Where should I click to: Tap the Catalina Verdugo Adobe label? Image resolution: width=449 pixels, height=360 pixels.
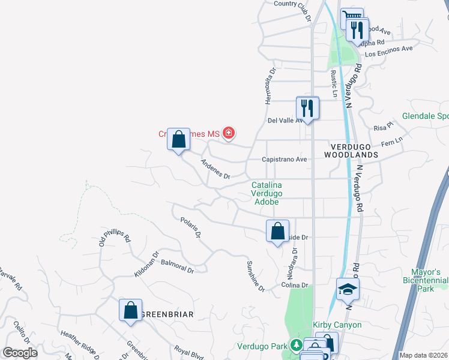pyautogui.click(x=267, y=194)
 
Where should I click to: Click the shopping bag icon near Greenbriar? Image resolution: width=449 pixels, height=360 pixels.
pyautogui.click(x=130, y=311)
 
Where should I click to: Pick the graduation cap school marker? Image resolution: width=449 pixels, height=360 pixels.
pyautogui.click(x=348, y=290)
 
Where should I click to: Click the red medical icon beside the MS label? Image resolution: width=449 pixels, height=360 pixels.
pyautogui.click(x=228, y=133)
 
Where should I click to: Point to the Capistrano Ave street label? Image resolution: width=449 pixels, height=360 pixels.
pyautogui.click(x=285, y=160)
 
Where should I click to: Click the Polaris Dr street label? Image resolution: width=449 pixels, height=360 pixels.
pyautogui.click(x=190, y=228)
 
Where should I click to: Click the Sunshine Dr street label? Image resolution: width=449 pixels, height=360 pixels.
pyautogui.click(x=256, y=277)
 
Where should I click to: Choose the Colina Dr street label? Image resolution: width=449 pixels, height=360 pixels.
pyautogui.click(x=295, y=286)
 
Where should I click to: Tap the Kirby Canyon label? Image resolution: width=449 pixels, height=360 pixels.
pyautogui.click(x=337, y=325)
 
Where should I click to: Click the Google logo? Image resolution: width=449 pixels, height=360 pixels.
pyautogui.click(x=20, y=353)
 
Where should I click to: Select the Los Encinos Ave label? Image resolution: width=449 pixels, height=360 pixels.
pyautogui.click(x=389, y=49)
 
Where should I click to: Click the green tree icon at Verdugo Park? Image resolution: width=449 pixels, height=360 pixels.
pyautogui.click(x=296, y=346)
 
